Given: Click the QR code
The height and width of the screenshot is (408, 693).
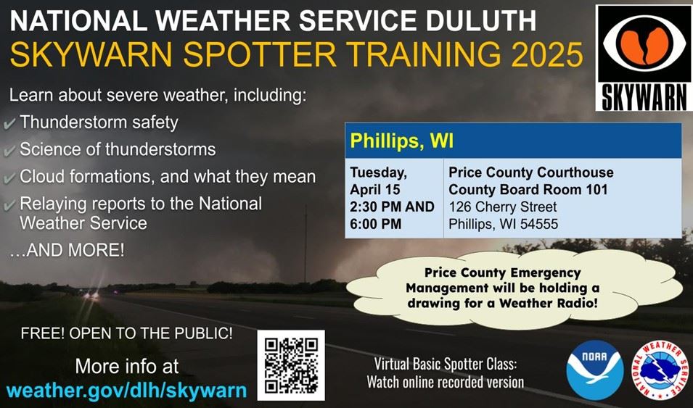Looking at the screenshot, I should point(291,365).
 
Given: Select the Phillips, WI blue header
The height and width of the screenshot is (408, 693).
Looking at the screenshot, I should point(512,141).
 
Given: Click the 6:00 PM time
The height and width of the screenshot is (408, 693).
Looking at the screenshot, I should point(376,223).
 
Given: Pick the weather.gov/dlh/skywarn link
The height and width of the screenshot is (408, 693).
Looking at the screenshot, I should point(126,390).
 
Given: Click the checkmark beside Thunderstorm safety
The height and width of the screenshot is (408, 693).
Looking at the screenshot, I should point(10,124).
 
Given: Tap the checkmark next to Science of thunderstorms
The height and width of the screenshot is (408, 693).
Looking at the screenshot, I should point(10,151).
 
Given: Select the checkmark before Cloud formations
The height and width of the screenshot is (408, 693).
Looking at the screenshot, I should point(10,178).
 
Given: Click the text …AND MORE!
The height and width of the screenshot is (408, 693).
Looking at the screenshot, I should point(67,251).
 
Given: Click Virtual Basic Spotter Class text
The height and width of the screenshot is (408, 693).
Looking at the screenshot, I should point(445,364).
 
